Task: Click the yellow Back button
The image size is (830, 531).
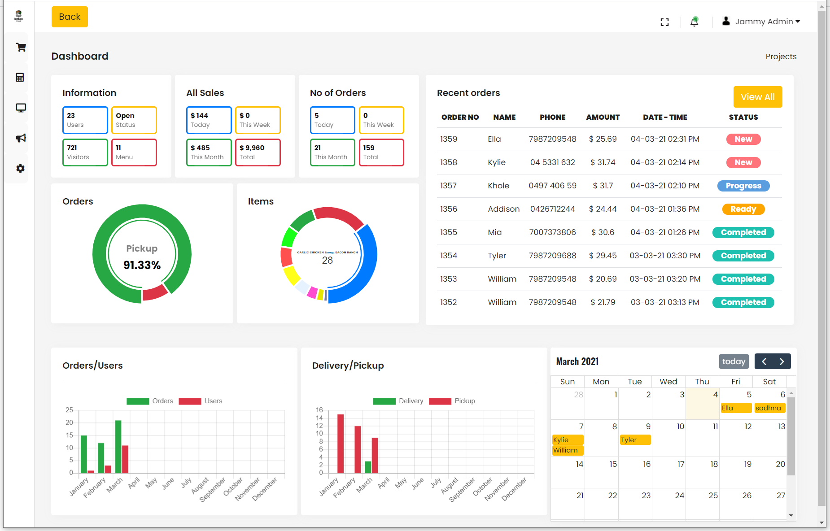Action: click(x=70, y=17)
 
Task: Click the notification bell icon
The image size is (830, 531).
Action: click(x=694, y=22)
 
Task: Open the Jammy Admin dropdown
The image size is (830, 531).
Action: click(x=761, y=22)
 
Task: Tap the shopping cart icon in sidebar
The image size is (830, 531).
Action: click(x=21, y=47)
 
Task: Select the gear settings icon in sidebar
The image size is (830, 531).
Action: click(x=21, y=168)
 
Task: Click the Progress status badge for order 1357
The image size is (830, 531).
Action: click(x=743, y=186)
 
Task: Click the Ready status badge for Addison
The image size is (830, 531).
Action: click(x=743, y=209)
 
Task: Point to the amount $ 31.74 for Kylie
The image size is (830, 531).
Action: click(x=603, y=162)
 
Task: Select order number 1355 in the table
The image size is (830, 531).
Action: click(x=448, y=232)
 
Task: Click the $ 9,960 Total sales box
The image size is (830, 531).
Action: click(x=258, y=152)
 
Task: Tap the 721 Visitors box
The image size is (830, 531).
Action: click(x=85, y=152)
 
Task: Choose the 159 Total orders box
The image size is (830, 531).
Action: click(x=381, y=152)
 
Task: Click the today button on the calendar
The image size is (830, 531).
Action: click(x=734, y=361)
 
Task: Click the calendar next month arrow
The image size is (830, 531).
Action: click(x=782, y=361)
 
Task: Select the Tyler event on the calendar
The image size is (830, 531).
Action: click(x=634, y=440)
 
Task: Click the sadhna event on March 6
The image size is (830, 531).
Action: click(x=769, y=408)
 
